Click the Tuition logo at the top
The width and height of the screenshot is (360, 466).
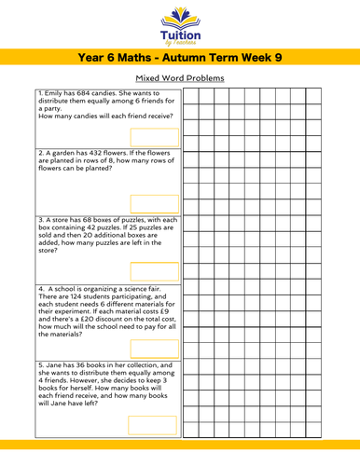(x=180, y=24)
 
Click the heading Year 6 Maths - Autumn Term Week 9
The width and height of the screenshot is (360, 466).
(x=180, y=58)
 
